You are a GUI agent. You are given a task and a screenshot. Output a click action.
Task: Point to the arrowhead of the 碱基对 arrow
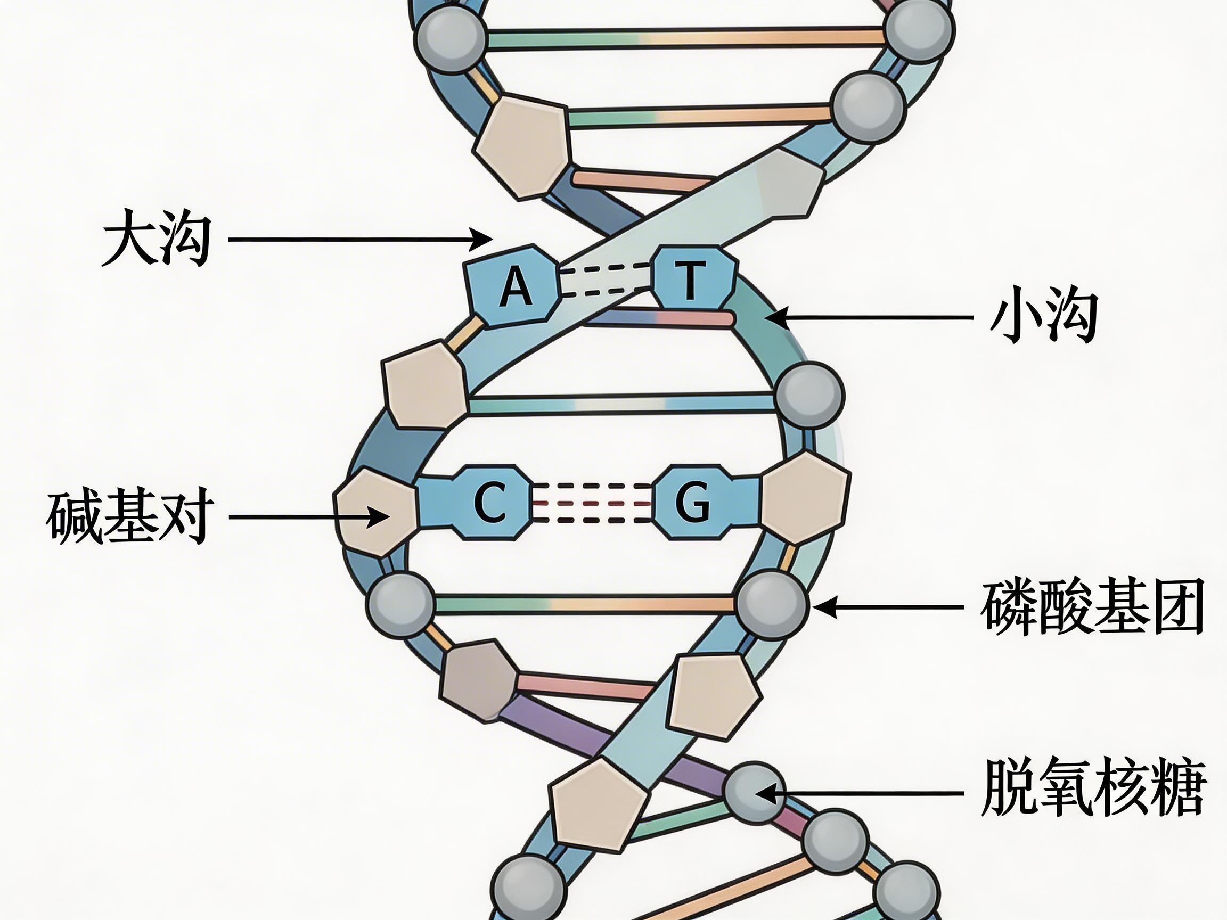383,517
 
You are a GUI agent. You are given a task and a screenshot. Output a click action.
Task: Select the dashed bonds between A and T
606,279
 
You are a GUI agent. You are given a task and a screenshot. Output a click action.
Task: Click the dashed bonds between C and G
591,503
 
